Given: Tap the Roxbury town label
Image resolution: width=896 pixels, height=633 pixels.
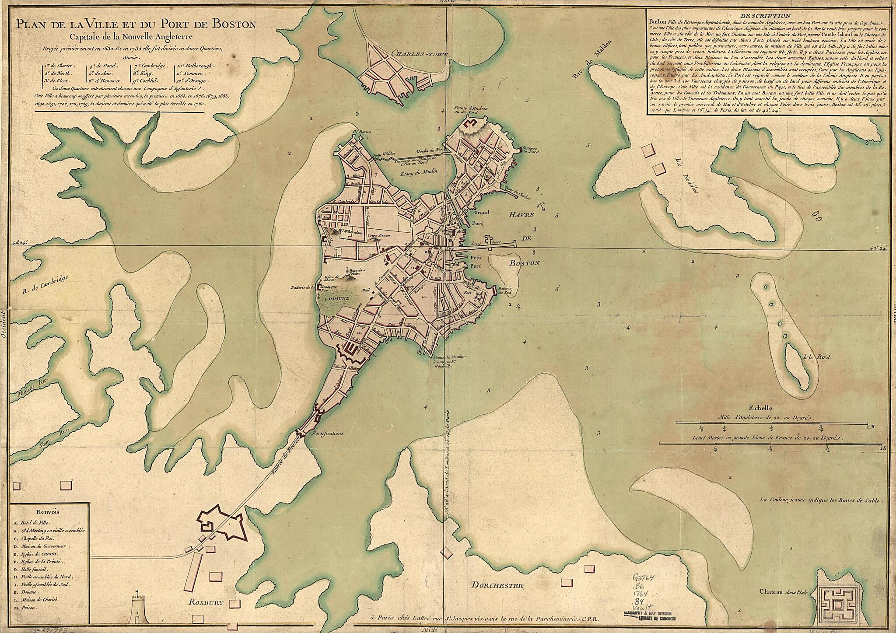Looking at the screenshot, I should tap(206, 602).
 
